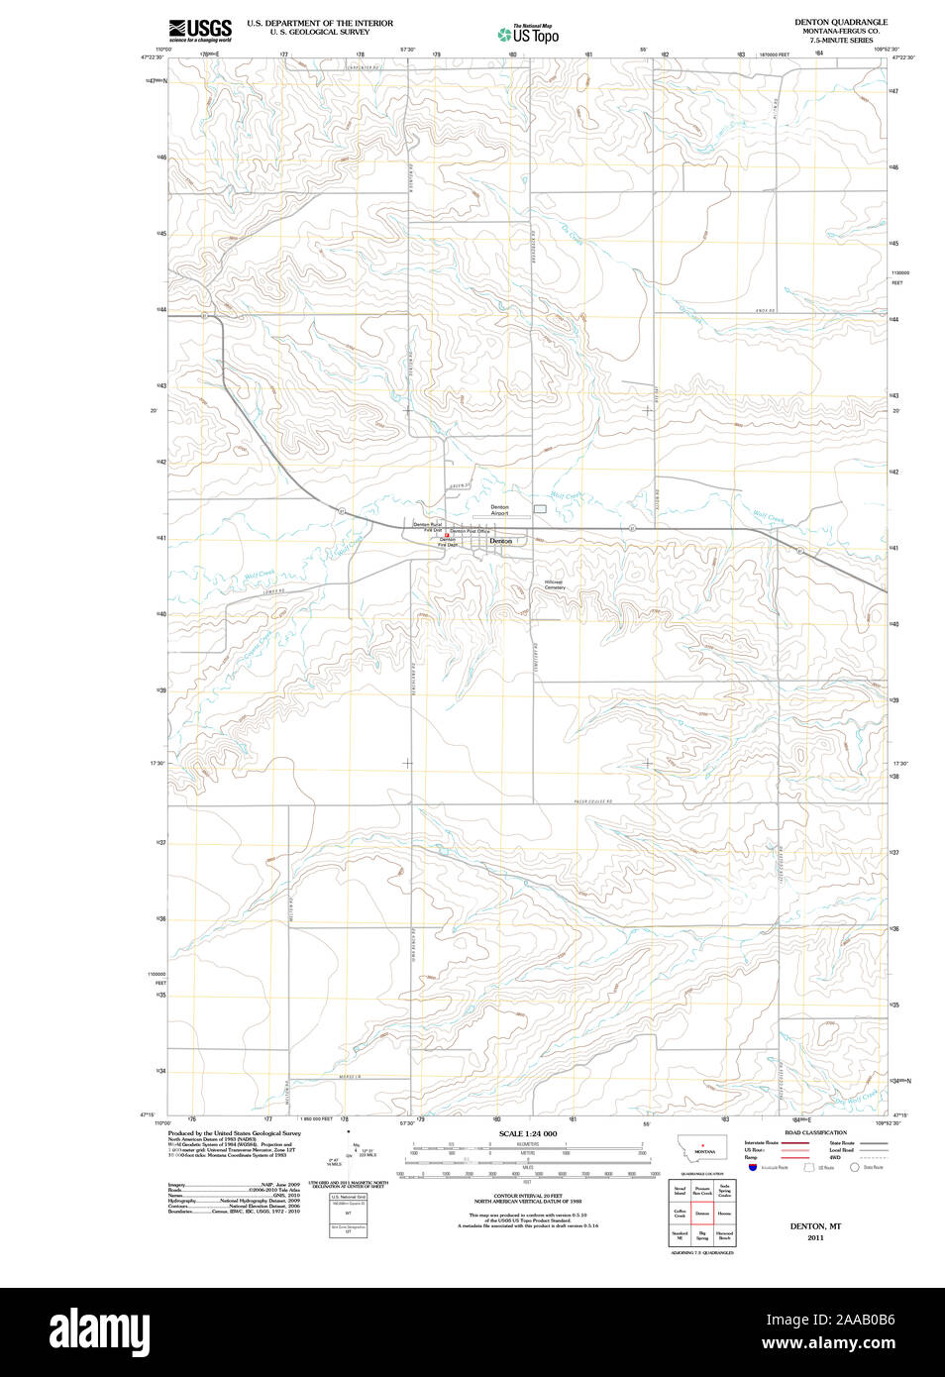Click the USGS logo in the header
click(200, 29)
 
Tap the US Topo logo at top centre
click(529, 35)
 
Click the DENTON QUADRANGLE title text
click(840, 22)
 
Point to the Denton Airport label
click(499, 510)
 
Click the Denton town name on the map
click(501, 541)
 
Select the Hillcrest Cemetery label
click(554, 584)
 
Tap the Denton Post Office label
click(471, 531)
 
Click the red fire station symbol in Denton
click(446, 535)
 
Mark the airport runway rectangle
click(540, 508)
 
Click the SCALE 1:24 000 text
click(527, 1133)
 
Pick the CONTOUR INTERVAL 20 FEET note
click(527, 1196)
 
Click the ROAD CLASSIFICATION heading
click(815, 1132)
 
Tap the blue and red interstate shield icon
click(753, 1168)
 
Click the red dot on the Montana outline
click(702, 1145)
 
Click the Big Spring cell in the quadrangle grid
click(702, 1236)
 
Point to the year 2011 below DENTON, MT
click(815, 1237)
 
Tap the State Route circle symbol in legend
click(854, 1168)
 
